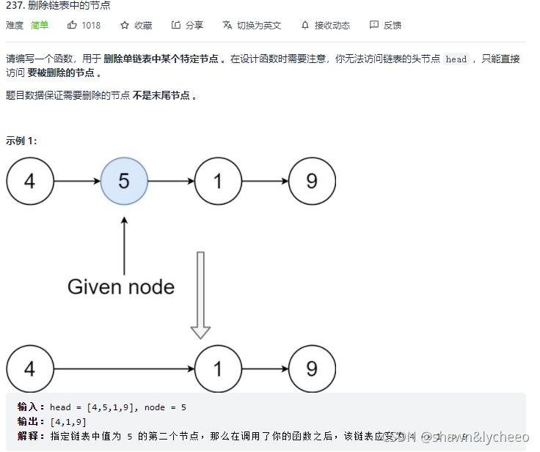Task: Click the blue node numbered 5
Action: (x=124, y=181)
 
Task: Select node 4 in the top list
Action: (x=29, y=181)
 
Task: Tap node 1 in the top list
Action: (x=218, y=181)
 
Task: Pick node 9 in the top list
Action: (x=312, y=181)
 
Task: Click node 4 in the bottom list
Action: (x=29, y=368)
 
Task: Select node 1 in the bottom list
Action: (x=218, y=368)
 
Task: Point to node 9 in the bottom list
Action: (x=312, y=368)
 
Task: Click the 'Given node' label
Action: (x=121, y=286)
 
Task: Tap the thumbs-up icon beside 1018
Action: (x=72, y=25)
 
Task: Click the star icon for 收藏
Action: (x=125, y=25)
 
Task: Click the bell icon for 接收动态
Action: (x=305, y=25)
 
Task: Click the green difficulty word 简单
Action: (x=40, y=25)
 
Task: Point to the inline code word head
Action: (x=456, y=59)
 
